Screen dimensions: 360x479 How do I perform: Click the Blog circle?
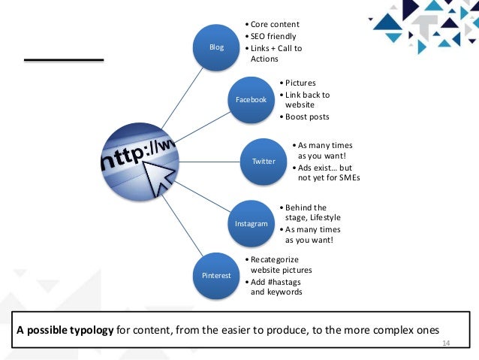217,47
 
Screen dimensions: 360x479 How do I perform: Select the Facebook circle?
252,99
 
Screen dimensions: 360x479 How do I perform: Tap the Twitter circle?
263,161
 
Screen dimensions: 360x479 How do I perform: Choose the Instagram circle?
252,224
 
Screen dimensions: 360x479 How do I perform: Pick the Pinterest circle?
217,276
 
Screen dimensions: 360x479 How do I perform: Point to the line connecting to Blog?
173,94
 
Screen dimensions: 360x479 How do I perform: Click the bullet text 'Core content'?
275,24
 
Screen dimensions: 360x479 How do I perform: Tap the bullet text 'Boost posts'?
306,116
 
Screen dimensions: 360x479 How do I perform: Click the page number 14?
443,343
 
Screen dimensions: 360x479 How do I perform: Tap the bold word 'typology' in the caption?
94,331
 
